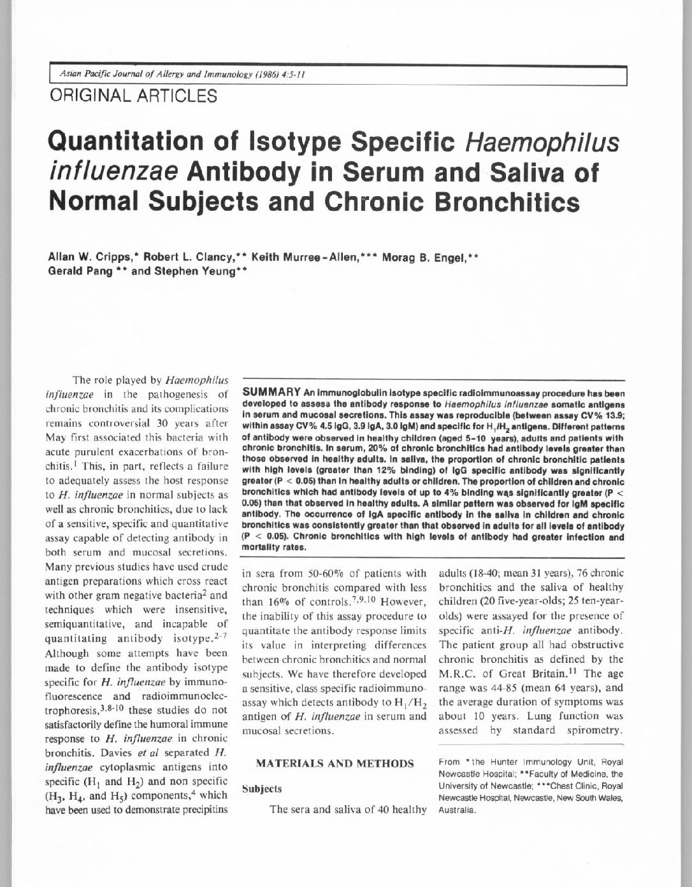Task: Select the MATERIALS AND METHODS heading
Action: [335, 763]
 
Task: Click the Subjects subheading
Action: [261, 789]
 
